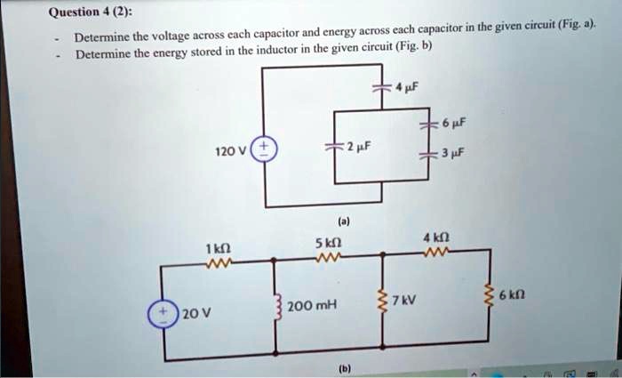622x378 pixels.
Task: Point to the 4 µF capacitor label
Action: coord(406,88)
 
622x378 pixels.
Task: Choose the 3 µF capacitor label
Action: coord(455,155)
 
